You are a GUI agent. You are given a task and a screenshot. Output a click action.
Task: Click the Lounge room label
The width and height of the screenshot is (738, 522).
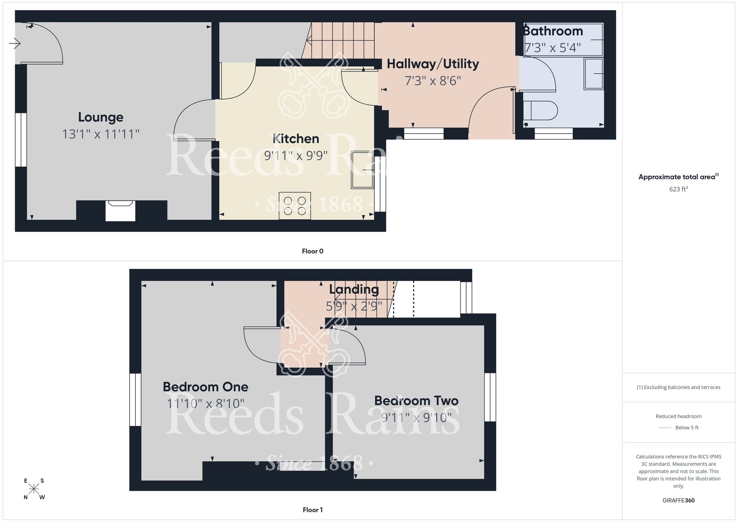click(100, 117)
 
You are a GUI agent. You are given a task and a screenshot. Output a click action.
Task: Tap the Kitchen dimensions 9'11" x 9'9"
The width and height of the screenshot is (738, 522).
click(296, 156)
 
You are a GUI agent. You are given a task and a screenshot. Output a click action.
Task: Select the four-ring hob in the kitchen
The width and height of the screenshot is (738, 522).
click(295, 206)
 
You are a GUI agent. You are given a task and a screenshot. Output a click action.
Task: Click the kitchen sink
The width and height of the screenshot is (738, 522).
click(362, 170)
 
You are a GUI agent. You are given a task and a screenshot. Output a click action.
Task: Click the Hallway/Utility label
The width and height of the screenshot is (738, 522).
click(432, 64)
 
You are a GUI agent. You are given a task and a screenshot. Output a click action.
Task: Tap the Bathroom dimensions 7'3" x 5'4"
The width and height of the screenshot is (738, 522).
click(552, 48)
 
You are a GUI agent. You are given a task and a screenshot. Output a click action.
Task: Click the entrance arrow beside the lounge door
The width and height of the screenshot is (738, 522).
click(15, 44)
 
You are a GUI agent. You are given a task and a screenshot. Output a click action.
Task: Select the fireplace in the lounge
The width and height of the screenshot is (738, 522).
click(120, 210)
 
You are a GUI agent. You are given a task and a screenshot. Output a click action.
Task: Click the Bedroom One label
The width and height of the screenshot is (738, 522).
click(205, 387)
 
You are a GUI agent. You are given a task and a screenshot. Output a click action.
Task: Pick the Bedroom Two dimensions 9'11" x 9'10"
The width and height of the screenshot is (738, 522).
click(416, 418)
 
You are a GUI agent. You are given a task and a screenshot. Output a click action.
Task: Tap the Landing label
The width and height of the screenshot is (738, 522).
click(354, 289)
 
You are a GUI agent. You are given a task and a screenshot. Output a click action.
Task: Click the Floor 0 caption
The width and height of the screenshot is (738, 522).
click(313, 251)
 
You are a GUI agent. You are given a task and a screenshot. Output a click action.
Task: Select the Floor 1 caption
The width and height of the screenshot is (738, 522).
click(313, 510)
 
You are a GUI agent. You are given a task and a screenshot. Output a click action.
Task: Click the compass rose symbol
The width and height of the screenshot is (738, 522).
click(34, 489)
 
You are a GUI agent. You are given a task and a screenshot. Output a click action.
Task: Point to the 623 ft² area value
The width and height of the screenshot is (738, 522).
click(678, 189)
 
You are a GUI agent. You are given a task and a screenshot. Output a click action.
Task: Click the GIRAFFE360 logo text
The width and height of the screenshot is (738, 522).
click(678, 501)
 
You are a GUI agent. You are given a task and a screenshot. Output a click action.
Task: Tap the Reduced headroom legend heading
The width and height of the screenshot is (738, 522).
click(678, 416)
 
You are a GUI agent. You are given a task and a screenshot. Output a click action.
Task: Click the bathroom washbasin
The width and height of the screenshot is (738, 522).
click(593, 73)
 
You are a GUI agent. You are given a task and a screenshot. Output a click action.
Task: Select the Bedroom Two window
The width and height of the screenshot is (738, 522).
click(490, 397)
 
